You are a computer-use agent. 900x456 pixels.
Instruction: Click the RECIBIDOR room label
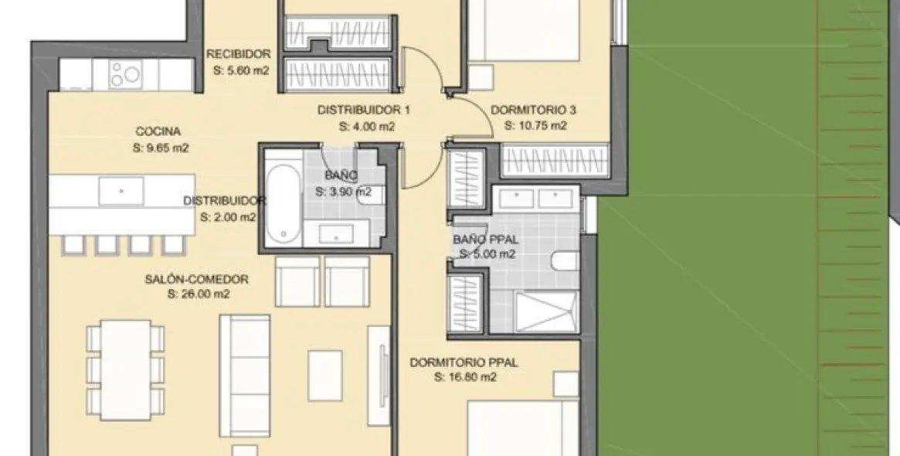239,54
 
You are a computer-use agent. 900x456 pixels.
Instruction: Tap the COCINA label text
158,132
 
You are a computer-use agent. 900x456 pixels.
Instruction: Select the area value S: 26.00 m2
198,294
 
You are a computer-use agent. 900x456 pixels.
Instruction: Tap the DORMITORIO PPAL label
464,362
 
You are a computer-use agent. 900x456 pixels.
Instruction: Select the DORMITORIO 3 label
534,110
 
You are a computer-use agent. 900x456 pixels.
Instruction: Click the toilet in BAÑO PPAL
565,260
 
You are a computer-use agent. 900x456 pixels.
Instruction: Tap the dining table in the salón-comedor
125,369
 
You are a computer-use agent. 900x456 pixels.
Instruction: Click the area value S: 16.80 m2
464,378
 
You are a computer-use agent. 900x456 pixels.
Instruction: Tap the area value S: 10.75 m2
535,126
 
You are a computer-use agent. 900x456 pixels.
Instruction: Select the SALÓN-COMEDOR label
196,279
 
